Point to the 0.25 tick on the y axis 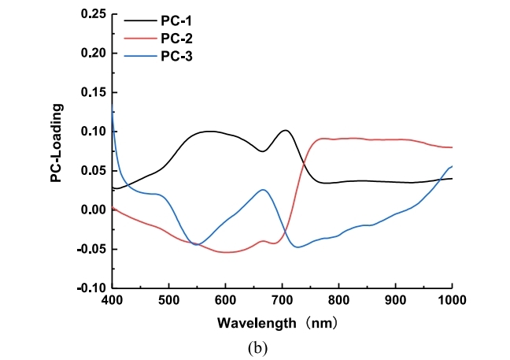tap(91, 14)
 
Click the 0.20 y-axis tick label tap(91, 54)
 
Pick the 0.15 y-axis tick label tap(91, 92)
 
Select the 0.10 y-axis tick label tap(91, 132)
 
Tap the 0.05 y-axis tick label tap(91, 171)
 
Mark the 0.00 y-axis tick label tap(91, 210)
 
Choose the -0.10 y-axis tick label tap(89, 288)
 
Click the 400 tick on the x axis tap(112, 300)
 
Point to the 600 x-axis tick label tap(225, 300)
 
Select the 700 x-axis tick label tap(282, 300)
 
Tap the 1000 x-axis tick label tap(450, 300)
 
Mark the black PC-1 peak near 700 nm tap(285, 131)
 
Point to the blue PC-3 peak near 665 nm tap(263, 189)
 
